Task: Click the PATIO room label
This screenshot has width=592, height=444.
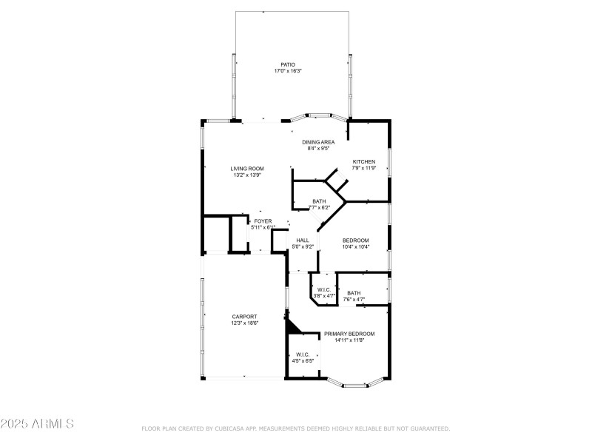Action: point(288,64)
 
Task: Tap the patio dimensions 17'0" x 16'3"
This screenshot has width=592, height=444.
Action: point(288,71)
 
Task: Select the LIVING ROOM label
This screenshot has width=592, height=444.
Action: point(247,169)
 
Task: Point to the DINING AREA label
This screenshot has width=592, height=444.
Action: point(318,142)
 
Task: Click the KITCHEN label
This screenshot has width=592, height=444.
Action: point(363,162)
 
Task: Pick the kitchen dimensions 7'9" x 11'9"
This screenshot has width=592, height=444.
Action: point(363,169)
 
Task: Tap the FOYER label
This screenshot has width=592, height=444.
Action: point(263,221)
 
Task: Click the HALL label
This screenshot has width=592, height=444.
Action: point(303,240)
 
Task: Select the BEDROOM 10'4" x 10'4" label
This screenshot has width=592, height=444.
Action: point(355,240)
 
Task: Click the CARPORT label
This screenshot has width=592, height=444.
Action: point(244,317)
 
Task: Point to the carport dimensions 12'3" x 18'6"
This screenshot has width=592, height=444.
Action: point(244,323)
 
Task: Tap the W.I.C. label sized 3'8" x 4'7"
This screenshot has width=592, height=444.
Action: point(324,289)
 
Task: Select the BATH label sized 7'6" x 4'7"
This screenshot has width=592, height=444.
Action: point(354,293)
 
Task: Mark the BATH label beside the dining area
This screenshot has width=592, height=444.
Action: point(319,201)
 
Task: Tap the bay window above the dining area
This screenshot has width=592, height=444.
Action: point(318,115)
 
